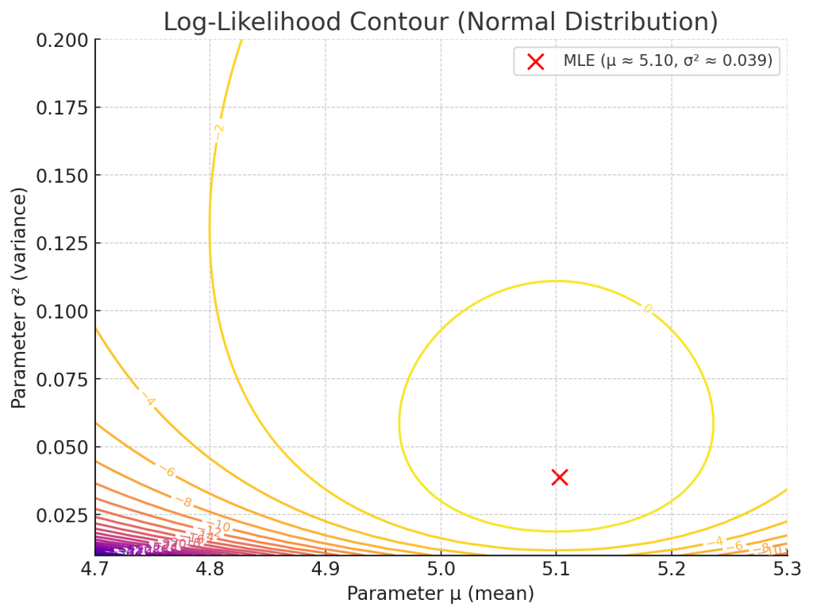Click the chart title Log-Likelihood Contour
click(x=440, y=21)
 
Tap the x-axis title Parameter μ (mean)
click(x=440, y=594)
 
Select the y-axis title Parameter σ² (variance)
click(x=19, y=297)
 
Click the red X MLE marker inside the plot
click(x=560, y=477)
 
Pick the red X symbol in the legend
click(x=536, y=61)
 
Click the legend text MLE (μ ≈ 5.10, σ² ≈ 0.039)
click(x=667, y=61)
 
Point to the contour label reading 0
click(x=647, y=308)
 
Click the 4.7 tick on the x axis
click(x=95, y=569)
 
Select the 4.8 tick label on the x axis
click(x=210, y=569)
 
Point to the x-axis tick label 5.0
click(x=441, y=569)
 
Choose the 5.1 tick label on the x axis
click(x=556, y=569)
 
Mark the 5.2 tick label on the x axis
click(x=671, y=569)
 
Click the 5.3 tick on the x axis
click(x=786, y=569)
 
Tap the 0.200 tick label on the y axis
click(x=62, y=40)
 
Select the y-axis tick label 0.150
click(x=62, y=175)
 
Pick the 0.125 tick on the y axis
click(x=62, y=243)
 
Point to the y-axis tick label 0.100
click(x=62, y=311)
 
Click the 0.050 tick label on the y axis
click(x=62, y=447)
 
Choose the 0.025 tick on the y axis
click(x=62, y=514)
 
